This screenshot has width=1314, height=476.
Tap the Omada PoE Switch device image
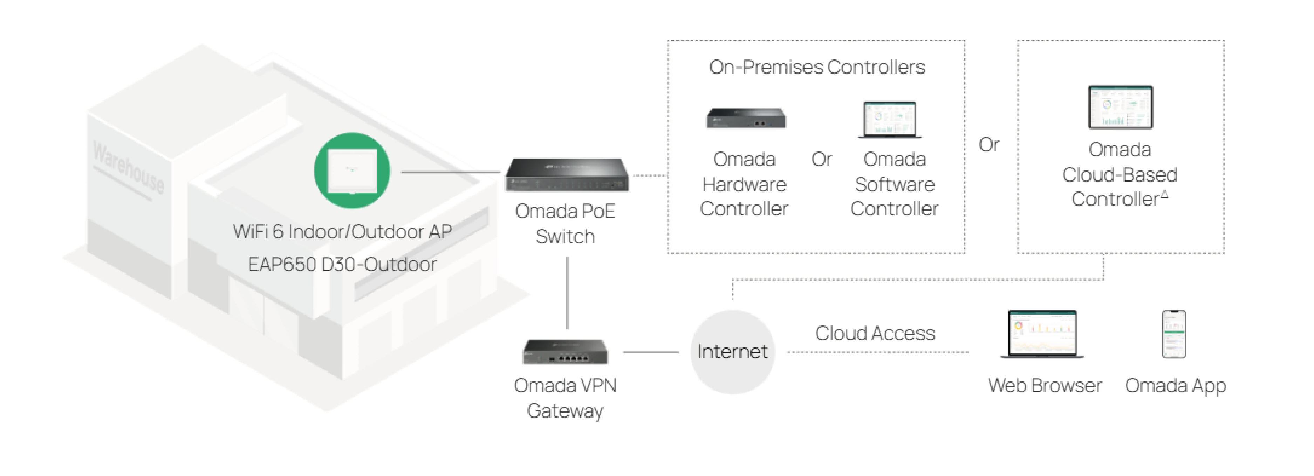pos(567,175)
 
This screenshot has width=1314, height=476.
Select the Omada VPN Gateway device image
pos(565,352)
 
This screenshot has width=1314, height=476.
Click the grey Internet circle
pos(732,352)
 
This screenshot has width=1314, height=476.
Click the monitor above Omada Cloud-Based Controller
pos(1120,107)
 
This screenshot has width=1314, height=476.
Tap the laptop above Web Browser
pos(1042,334)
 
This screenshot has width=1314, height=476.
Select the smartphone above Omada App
pos(1174,334)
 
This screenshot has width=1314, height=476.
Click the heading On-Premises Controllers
pos(817,67)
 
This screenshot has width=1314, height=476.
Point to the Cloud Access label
pos(875,333)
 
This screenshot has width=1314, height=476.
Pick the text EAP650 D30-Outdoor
pos(342,264)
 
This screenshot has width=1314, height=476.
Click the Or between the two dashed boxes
pos(988,145)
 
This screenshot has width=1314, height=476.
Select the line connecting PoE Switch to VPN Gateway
pos(567,293)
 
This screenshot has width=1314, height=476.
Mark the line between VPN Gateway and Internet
pos(650,352)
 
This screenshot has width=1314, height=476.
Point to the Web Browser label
pos(1044,385)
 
